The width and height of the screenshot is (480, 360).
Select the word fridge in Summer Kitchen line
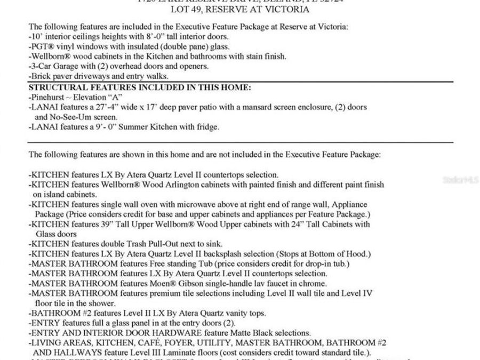click(x=207, y=127)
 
